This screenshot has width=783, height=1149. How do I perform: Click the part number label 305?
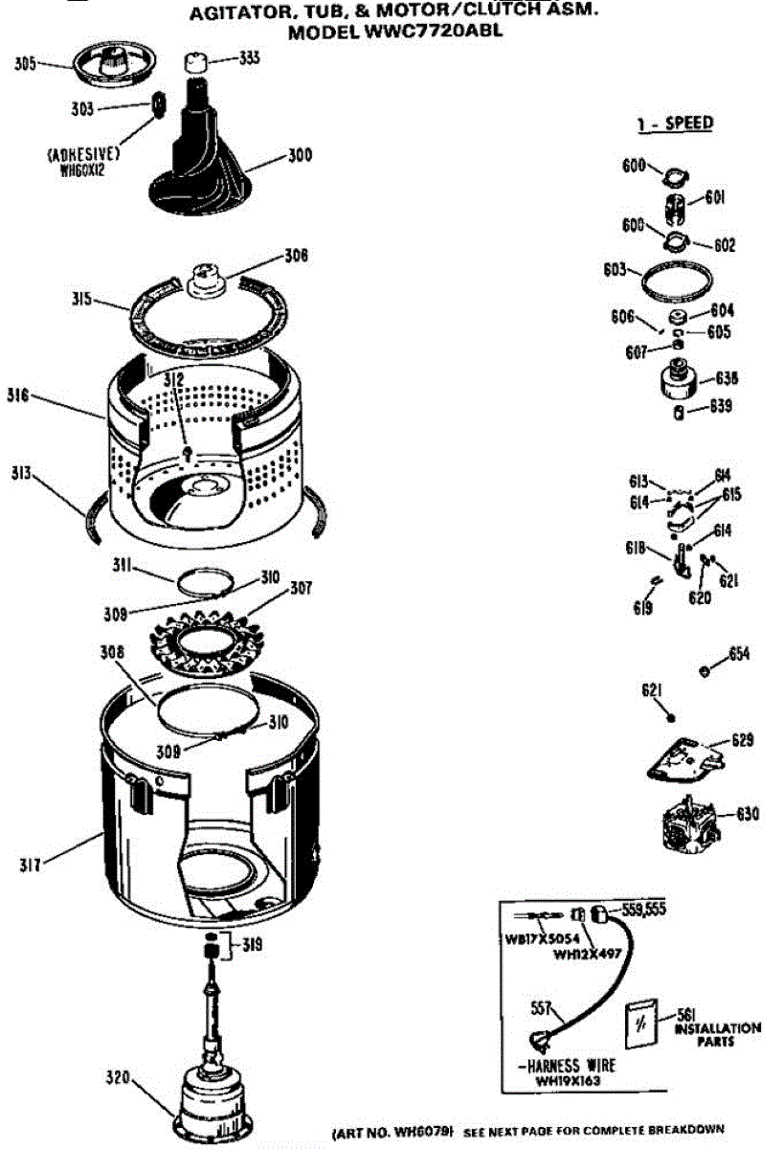[25, 65]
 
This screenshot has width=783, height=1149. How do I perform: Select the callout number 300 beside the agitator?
[300, 154]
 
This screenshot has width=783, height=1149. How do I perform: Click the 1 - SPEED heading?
[676, 124]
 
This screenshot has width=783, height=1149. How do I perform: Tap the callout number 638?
[725, 378]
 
